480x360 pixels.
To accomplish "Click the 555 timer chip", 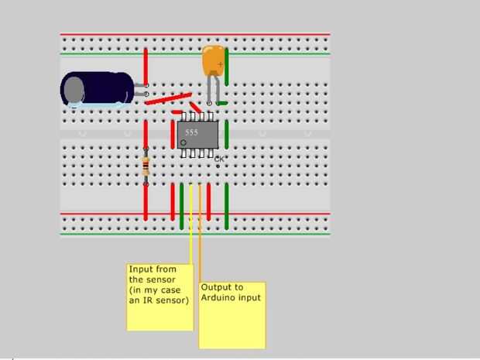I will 197,134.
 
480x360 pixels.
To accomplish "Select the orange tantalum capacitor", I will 214,61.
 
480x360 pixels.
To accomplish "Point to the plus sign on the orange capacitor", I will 221,64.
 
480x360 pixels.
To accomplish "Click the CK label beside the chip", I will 218,159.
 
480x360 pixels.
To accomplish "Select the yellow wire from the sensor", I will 190,232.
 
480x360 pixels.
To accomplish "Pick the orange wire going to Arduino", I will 201,232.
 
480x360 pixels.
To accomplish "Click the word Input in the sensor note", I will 141,269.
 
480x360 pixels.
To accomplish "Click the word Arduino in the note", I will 218,297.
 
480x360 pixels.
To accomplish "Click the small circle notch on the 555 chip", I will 183,143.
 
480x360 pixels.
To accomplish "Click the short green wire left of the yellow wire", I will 181,207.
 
